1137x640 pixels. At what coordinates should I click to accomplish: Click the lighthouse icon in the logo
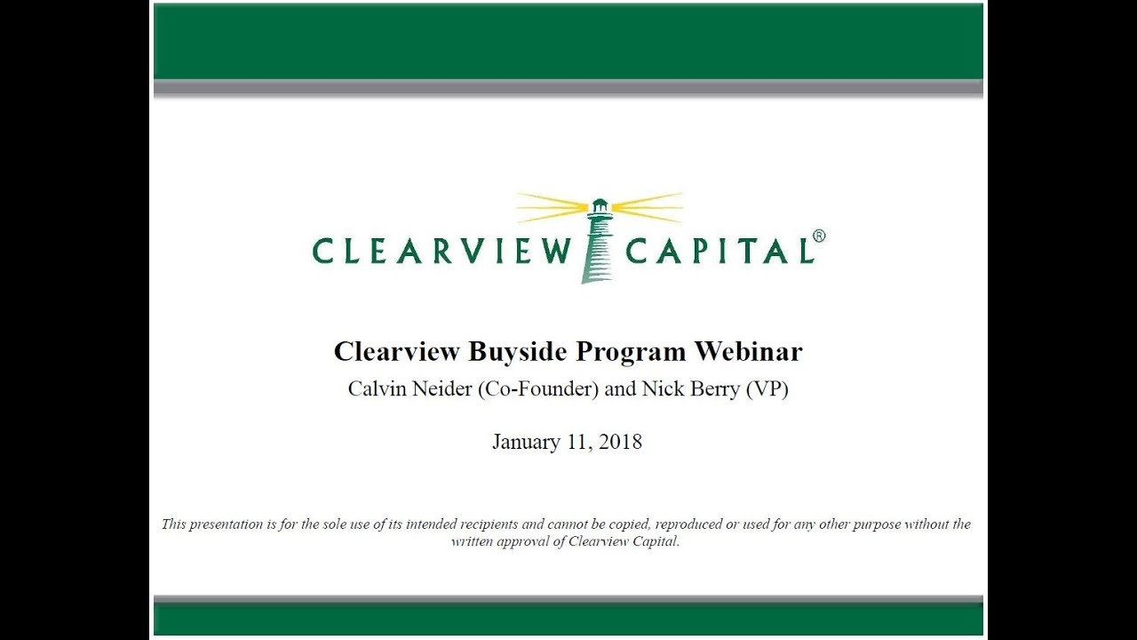pos(598,240)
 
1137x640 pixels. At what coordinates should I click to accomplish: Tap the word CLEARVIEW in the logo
pos(441,252)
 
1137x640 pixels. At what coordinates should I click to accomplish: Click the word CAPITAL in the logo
pos(720,252)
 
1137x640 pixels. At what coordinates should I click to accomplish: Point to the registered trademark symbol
pos(819,236)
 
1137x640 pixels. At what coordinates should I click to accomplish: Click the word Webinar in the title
pos(748,351)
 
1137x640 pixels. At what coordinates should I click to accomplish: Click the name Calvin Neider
pos(409,389)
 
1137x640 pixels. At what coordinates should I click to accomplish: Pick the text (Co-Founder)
pos(537,389)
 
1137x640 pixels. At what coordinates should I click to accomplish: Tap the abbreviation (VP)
pos(768,389)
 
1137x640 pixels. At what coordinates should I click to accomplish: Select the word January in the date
pos(526,442)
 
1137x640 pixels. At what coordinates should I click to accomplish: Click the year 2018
pos(619,442)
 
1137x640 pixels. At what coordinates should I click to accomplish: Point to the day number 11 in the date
pos(576,442)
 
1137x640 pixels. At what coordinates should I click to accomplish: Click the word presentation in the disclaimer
pos(226,524)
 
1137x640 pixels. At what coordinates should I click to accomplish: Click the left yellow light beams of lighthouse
pos(551,207)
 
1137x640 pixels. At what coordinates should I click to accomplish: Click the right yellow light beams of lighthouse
pos(648,207)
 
